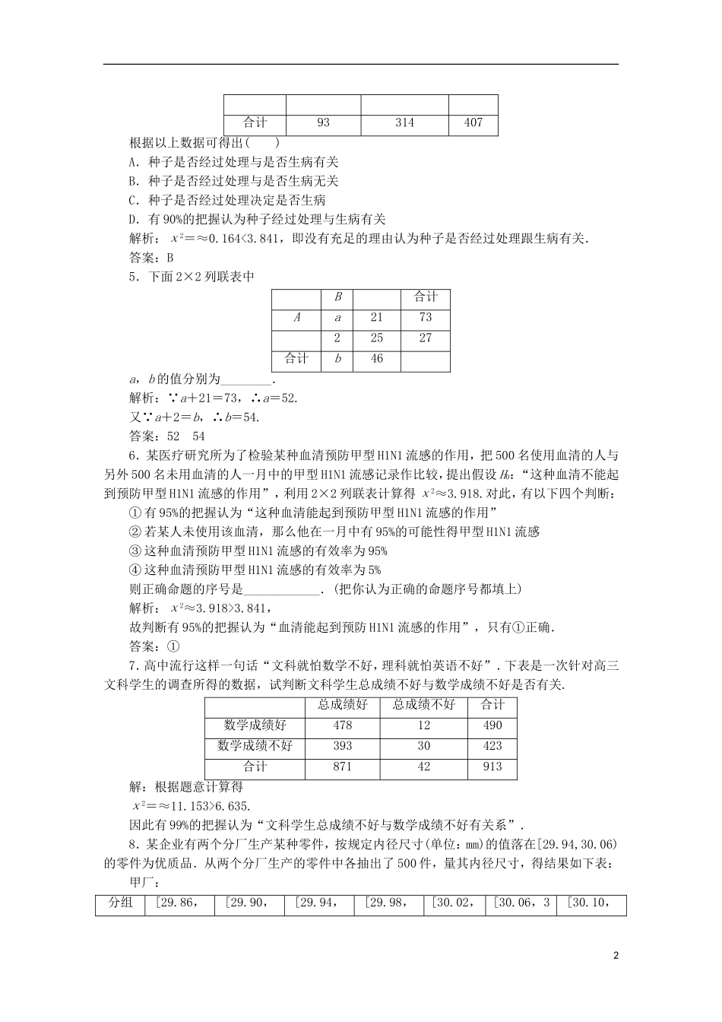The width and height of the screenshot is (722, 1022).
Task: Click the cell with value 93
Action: pyautogui.click(x=323, y=122)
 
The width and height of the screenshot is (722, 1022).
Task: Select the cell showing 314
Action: pyautogui.click(x=404, y=122)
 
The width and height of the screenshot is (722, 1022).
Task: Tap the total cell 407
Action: pyautogui.click(x=473, y=122)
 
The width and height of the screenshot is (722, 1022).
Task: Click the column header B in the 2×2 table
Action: pyautogui.click(x=338, y=297)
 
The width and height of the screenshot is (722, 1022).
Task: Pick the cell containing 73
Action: pyautogui.click(x=425, y=318)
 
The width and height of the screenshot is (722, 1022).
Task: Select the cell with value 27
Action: pyautogui.click(x=425, y=338)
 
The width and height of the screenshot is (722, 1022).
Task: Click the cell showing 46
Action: pyautogui.click(x=377, y=359)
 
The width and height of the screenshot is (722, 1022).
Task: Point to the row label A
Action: pyautogui.click(x=296, y=318)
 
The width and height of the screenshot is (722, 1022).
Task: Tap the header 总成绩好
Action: pyautogui.click(x=343, y=705)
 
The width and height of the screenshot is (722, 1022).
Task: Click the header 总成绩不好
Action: pyautogui.click(x=424, y=705)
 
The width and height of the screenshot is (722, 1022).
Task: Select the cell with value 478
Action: pyautogui.click(x=343, y=725)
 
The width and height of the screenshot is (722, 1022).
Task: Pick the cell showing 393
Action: pyautogui.click(x=343, y=746)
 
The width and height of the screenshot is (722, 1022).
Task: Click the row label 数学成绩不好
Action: pyautogui.click(x=255, y=746)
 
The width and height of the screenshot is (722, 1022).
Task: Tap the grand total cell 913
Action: pyautogui.click(x=492, y=766)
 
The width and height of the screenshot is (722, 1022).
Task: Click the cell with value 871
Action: pyautogui.click(x=343, y=766)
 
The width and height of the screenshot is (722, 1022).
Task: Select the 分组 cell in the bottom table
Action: pyautogui.click(x=120, y=903)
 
